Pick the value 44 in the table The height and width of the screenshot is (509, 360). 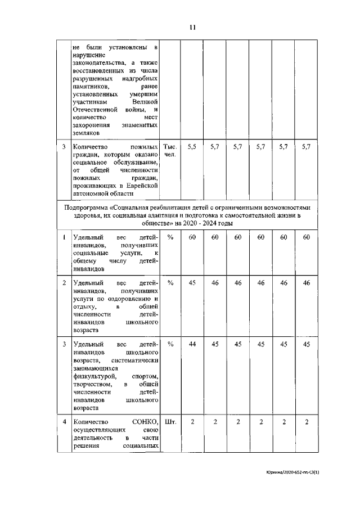[192, 344]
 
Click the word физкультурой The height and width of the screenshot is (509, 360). [94, 375]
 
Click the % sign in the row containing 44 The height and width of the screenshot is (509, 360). [170, 344]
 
